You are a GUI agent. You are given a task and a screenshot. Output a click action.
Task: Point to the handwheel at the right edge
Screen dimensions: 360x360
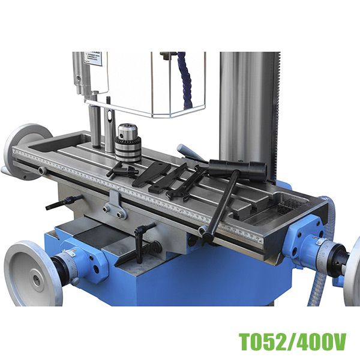[353, 265]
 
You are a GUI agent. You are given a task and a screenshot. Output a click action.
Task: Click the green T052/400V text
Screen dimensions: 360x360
[292, 343]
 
